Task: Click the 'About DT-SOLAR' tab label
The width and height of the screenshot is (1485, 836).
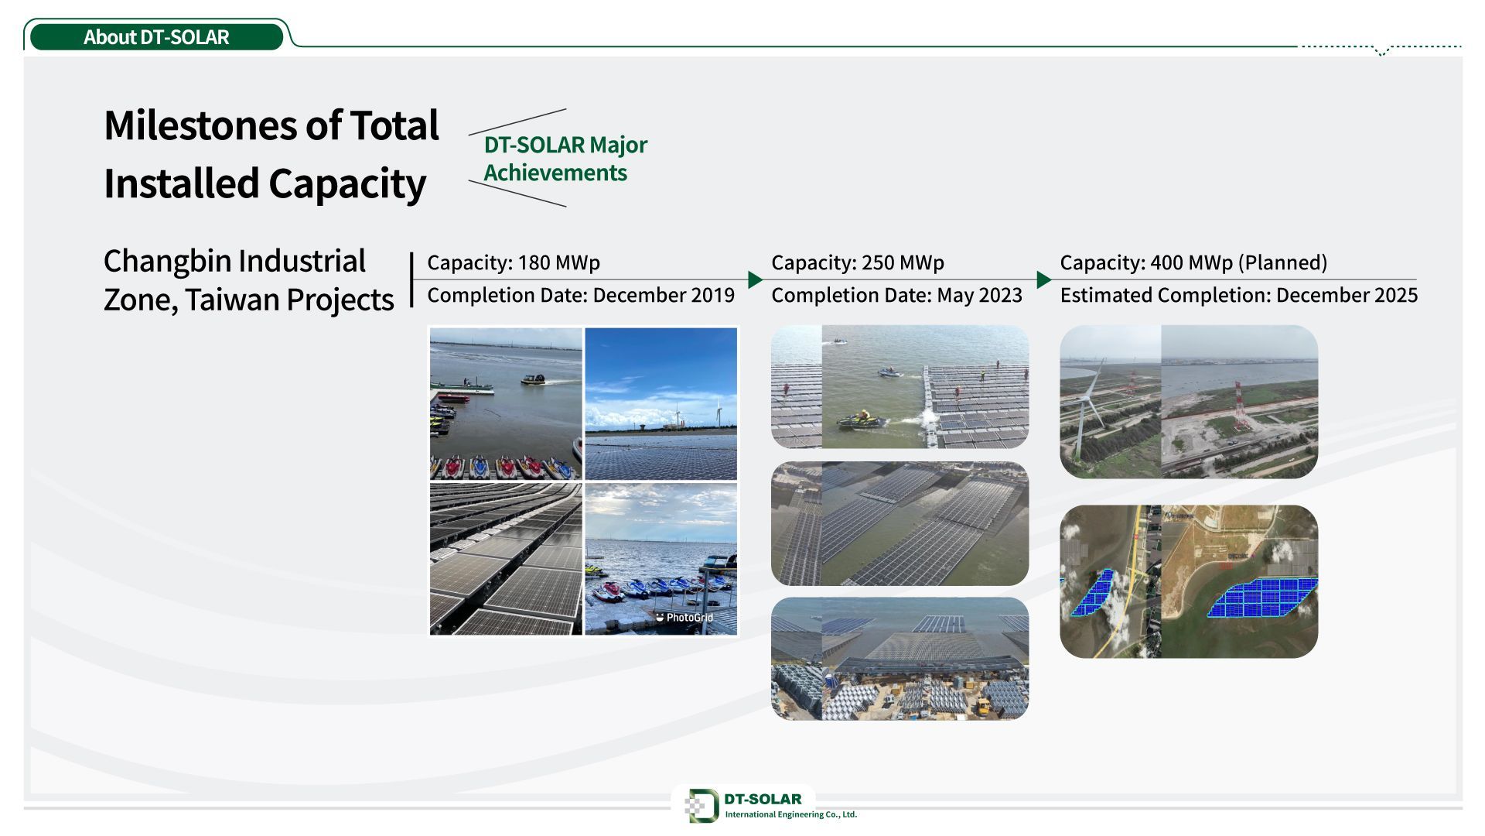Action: (x=156, y=37)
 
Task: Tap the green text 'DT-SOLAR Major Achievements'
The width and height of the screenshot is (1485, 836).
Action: (x=565, y=158)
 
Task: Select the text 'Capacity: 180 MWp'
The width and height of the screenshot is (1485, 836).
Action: (x=514, y=262)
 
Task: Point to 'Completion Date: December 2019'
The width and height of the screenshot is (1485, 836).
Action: (x=581, y=295)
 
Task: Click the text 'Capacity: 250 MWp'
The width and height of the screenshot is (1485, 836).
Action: (x=858, y=262)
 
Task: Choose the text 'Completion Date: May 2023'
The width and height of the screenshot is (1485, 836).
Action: (x=897, y=295)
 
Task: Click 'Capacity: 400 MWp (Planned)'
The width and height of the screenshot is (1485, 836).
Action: (x=1193, y=262)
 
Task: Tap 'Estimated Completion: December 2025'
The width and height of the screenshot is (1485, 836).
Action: (x=1239, y=295)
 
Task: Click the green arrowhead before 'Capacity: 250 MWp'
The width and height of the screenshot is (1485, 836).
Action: (x=756, y=279)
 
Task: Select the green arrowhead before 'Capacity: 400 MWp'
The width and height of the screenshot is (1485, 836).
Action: (x=1044, y=279)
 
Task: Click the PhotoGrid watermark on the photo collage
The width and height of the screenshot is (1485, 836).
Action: (x=684, y=618)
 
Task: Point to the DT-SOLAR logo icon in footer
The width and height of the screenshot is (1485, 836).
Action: (x=702, y=806)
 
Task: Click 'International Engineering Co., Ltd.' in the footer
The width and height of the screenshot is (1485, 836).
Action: (x=791, y=814)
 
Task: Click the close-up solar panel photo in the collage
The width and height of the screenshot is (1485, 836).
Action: (x=506, y=559)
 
